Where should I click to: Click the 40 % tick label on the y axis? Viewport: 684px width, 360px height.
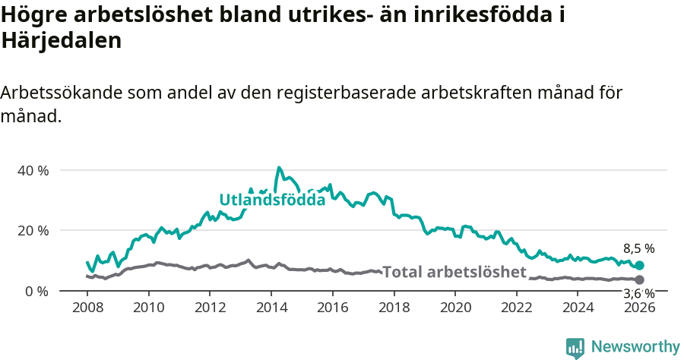(x=33, y=170)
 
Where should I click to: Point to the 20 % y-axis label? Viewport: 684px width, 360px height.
(x=33, y=230)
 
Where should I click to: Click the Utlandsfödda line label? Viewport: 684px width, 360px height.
(x=272, y=200)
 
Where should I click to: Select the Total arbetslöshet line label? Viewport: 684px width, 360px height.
(x=454, y=272)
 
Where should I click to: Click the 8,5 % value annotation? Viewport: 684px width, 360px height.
(x=638, y=248)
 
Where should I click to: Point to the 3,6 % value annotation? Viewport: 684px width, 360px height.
(x=638, y=293)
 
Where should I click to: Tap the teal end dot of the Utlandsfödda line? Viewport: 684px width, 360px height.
(x=640, y=265)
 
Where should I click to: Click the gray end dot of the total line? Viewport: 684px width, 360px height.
(x=640, y=280)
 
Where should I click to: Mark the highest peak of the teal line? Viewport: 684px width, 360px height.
(x=279, y=167)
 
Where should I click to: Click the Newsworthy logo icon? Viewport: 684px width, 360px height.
(x=575, y=348)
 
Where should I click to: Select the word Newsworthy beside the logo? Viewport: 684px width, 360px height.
(x=635, y=347)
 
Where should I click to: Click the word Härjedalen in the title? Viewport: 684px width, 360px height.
(x=62, y=41)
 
